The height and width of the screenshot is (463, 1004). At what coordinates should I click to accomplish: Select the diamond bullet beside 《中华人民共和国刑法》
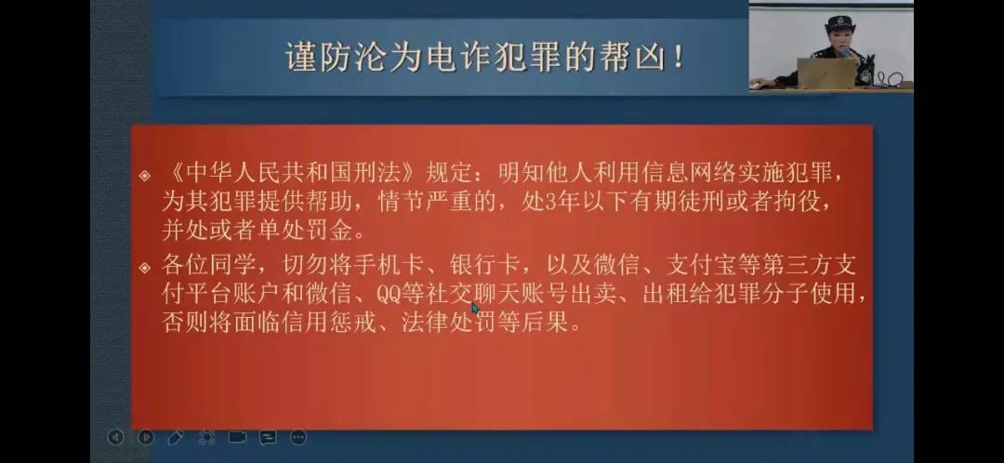coord(145,175)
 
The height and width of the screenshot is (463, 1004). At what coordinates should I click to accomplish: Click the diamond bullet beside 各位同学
coord(145,267)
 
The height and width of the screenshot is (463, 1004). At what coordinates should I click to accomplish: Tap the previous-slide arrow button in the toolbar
coord(115,437)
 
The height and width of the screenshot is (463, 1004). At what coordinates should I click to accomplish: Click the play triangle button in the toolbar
coord(146,437)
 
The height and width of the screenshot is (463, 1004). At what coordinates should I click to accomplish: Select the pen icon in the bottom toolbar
coord(176,437)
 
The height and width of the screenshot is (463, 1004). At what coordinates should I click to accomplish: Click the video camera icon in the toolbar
coord(237,437)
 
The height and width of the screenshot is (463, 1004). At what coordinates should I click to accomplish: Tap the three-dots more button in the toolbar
coord(298,437)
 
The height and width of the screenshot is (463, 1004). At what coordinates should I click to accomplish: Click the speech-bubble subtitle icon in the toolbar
coord(268,437)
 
